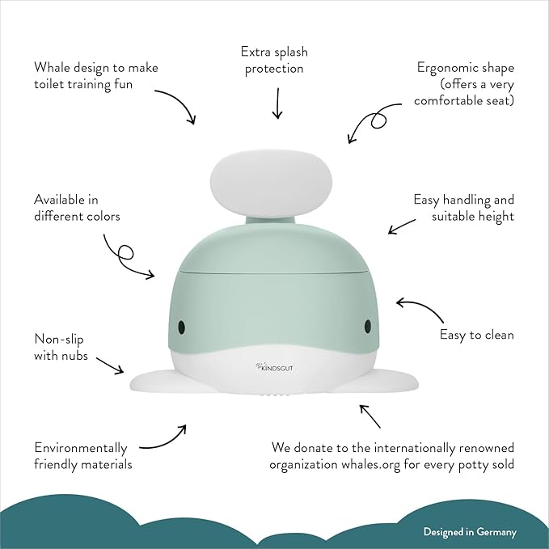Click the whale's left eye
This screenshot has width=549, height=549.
pyautogui.click(x=182, y=326)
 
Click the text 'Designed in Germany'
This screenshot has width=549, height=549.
pyautogui.click(x=470, y=532)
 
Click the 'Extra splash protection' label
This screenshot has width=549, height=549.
pyautogui.click(x=273, y=61)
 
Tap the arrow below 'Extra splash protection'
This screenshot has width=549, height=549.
pyautogui.click(x=277, y=103)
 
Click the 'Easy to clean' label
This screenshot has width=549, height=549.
pyautogui.click(x=477, y=334)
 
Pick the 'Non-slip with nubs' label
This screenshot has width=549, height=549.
pyautogui.click(x=61, y=347)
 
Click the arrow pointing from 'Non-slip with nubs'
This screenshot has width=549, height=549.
pyautogui.click(x=112, y=366)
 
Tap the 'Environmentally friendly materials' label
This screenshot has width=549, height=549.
pyautogui.click(x=81, y=456)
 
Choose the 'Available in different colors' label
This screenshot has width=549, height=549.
pyautogui.click(x=77, y=207)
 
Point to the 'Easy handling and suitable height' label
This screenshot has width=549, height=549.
pyautogui.click(x=463, y=208)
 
